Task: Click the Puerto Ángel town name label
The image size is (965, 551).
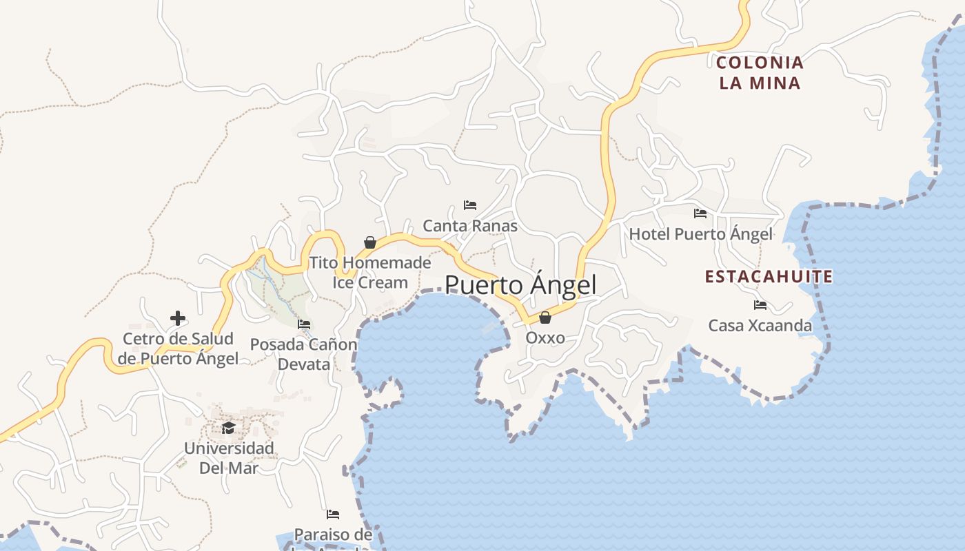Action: pyautogui.click(x=520, y=284)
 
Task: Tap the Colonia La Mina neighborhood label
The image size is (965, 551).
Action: pyautogui.click(x=760, y=73)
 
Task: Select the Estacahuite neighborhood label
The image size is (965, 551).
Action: pyautogui.click(x=769, y=277)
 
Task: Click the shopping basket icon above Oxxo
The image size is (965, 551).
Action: pyautogui.click(x=545, y=318)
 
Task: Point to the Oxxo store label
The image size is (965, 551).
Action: pyautogui.click(x=545, y=337)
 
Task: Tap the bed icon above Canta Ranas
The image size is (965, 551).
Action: pyautogui.click(x=470, y=205)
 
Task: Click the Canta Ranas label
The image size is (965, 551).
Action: pyautogui.click(x=470, y=225)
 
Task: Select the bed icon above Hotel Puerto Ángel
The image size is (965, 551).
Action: pyautogui.click(x=700, y=214)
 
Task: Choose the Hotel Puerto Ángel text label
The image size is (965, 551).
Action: pyautogui.click(x=700, y=234)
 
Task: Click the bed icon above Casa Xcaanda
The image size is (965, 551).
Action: pyautogui.click(x=760, y=305)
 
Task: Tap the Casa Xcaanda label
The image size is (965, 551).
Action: pyautogui.click(x=760, y=325)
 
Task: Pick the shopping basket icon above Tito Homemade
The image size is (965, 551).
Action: pyautogui.click(x=370, y=242)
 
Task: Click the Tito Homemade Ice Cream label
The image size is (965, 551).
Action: pyautogui.click(x=370, y=273)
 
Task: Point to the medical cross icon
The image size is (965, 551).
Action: pyautogui.click(x=178, y=318)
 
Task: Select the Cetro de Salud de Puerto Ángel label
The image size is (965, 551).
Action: pyautogui.click(x=178, y=349)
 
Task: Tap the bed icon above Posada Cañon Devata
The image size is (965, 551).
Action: pyautogui.click(x=304, y=324)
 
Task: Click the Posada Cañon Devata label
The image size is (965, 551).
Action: pyautogui.click(x=304, y=354)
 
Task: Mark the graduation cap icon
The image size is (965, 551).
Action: pyautogui.click(x=228, y=428)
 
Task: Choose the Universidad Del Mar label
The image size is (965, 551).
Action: pyautogui.click(x=228, y=458)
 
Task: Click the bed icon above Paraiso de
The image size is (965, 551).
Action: pyautogui.click(x=333, y=514)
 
